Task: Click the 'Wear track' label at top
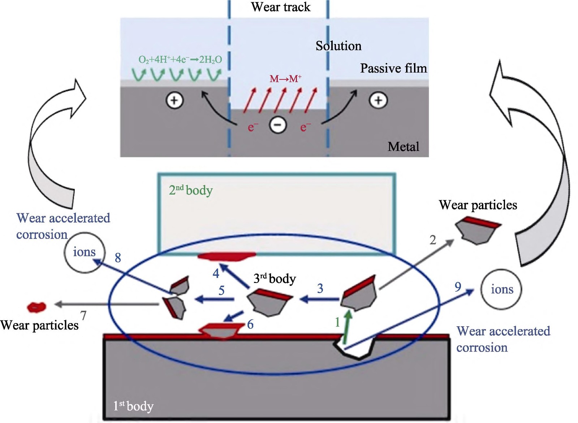281,7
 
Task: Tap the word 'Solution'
338,46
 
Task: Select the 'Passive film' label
393,68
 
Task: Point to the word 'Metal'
403,147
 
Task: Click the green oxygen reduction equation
180,60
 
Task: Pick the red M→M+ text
285,79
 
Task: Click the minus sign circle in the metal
278,125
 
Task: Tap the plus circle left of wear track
174,100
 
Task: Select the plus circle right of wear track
378,100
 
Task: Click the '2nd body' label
191,190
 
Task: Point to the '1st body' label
133,406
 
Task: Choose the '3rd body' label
275,278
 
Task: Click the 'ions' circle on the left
85,252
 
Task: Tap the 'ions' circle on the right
501,289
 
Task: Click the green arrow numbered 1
347,327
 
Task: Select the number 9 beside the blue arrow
458,287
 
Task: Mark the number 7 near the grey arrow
83,315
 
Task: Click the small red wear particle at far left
36,307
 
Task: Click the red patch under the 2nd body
227,256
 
